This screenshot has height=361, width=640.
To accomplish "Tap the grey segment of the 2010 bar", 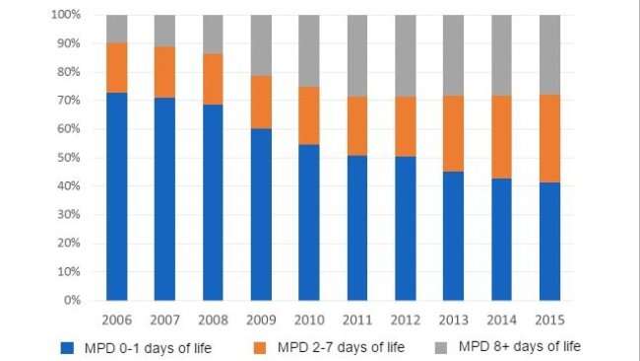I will (x=309, y=50).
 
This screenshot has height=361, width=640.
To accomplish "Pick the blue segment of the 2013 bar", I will (x=453, y=236).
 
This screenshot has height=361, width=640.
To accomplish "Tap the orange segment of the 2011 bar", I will (x=357, y=126).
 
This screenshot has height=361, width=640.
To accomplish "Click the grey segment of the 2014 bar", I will (x=501, y=55).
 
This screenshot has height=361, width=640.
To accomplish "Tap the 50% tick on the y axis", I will (x=66, y=158).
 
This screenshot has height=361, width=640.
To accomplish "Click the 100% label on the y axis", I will (x=63, y=16).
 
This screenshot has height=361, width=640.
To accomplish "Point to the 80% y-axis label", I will (x=66, y=72).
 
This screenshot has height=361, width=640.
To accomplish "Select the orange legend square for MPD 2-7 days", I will (x=260, y=346).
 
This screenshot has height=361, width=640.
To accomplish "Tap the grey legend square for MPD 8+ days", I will (x=440, y=346).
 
